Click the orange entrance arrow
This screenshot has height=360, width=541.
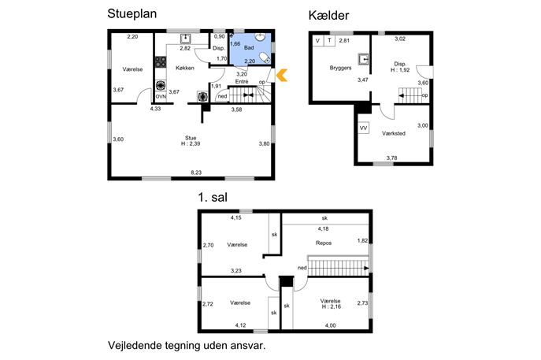pyautogui.click(x=282, y=76)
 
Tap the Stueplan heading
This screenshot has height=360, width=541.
pyautogui.click(x=132, y=14)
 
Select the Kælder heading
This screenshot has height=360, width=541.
pyautogui.click(x=328, y=15)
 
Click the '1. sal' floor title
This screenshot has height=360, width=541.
pyautogui.click(x=213, y=197)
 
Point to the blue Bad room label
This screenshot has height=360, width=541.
pyautogui.click(x=249, y=47)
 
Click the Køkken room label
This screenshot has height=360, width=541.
pyautogui.click(x=185, y=68)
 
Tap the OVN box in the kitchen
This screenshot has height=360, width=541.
pyautogui.click(x=161, y=97)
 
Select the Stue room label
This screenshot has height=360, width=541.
pyautogui.click(x=191, y=138)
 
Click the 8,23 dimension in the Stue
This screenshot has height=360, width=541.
pyautogui.click(x=196, y=173)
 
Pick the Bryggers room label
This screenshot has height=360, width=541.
pyautogui.click(x=340, y=68)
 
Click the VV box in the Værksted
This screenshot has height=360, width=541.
pyautogui.click(x=363, y=128)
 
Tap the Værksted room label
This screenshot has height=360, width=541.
pyautogui.click(x=394, y=133)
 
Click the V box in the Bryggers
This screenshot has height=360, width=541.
pyautogui.click(x=318, y=41)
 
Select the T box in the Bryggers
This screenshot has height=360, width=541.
pyautogui.click(x=329, y=41)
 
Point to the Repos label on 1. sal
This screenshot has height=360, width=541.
pyautogui.click(x=324, y=243)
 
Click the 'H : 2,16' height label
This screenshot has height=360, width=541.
pyautogui.click(x=332, y=306)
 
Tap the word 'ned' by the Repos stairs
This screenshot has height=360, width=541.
pyautogui.click(x=302, y=268)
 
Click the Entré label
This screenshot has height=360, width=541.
pyautogui.click(x=242, y=81)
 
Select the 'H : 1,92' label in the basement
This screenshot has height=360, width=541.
pyautogui.click(x=400, y=70)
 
